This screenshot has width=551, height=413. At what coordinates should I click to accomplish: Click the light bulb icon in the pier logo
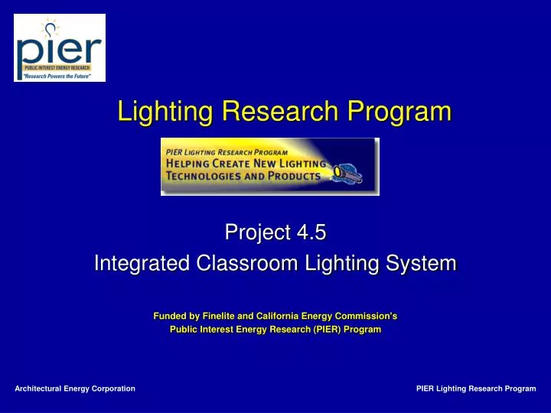tap(50, 29)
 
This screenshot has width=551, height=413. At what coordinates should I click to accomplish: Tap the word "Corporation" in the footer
tap(112, 389)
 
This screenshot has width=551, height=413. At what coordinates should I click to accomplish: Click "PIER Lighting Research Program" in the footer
tap(476, 389)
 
